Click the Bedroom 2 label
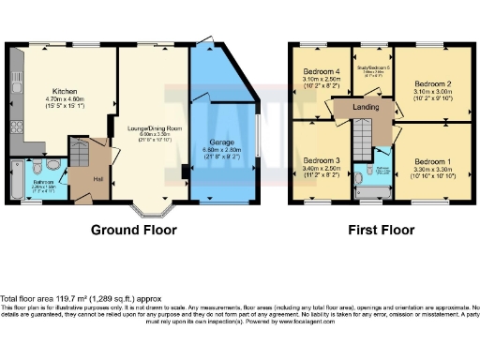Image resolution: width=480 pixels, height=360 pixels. (433, 82)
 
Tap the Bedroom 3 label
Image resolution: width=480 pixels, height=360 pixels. (322, 160)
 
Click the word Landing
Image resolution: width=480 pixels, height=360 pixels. (365, 107)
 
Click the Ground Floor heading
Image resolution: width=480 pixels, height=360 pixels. (130, 228)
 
